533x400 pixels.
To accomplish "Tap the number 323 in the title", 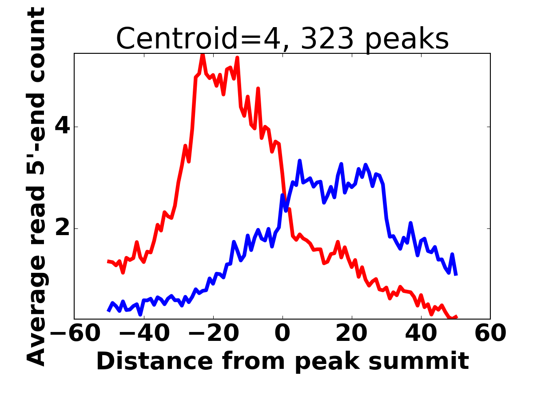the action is [x=327, y=39].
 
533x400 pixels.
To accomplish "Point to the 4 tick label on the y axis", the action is [x=62, y=127].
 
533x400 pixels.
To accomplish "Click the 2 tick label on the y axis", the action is [x=63, y=228].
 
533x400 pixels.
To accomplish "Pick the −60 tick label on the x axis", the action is [x=75, y=333].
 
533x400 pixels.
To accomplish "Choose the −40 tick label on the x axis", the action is [x=144, y=333].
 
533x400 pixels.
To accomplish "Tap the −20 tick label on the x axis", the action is [x=214, y=333].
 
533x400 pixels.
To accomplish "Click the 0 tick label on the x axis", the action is [x=282, y=333].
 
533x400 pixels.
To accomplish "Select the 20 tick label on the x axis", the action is [x=352, y=333].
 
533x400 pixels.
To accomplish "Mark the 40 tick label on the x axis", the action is [x=421, y=333].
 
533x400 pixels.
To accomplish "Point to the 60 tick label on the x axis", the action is [x=490, y=333].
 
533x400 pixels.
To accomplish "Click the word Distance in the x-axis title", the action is [x=155, y=361].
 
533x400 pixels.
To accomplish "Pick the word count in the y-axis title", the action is [x=36, y=45].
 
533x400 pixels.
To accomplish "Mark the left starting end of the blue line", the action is [x=108, y=311].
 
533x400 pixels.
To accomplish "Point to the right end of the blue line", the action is [x=456, y=275].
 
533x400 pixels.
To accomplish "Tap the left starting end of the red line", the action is [x=108, y=261].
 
